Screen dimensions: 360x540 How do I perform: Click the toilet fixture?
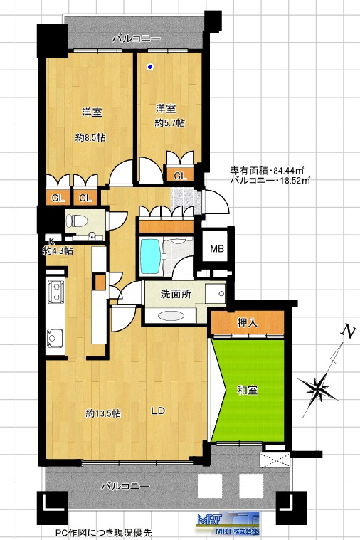coord(76,221)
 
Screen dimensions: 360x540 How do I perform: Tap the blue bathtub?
coord(150,257)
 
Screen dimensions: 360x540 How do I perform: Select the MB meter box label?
coord(217,248)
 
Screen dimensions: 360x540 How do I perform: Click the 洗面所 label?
coord(176,294)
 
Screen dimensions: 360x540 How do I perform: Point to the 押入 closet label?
coord(248,323)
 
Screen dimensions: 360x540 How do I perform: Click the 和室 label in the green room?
coord(248,390)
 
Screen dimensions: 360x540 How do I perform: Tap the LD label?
coord(159,411)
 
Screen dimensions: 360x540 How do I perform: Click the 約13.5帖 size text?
coord(103,413)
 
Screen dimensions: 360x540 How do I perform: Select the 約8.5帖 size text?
coord(90,138)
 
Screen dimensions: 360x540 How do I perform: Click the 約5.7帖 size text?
coord(169,123)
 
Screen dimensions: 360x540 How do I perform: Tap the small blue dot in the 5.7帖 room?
coord(150,67)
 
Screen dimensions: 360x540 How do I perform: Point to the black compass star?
coord(317,388)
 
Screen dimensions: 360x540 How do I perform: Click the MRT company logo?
coord(228,524)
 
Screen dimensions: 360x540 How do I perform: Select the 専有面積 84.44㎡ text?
coord(267,171)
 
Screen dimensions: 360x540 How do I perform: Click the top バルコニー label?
coord(137,38)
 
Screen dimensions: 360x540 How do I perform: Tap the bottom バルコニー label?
coord(125,486)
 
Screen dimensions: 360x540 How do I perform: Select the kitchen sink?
coord(55,338)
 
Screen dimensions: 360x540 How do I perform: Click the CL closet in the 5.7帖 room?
coord(180,176)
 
